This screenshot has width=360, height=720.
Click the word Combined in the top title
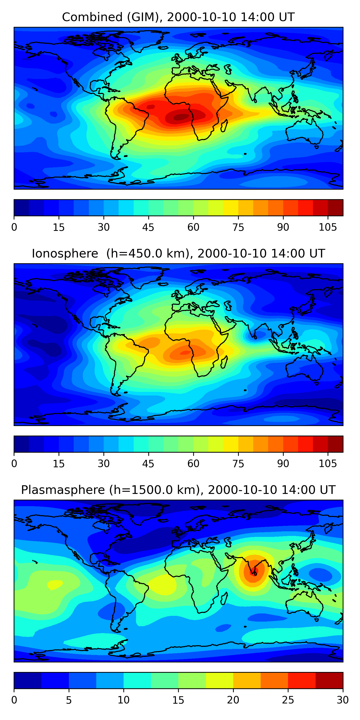click(92, 17)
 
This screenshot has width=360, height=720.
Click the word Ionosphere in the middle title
click(65, 253)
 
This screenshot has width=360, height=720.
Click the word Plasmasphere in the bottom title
click(63, 490)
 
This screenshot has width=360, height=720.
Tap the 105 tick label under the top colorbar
click(328, 228)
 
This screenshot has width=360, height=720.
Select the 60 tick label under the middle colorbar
click(193, 464)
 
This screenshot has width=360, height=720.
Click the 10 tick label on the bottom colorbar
click(123, 700)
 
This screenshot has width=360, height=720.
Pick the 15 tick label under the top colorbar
click(59, 228)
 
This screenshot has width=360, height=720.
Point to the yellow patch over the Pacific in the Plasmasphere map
click(55, 584)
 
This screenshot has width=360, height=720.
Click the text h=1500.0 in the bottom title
click(154, 490)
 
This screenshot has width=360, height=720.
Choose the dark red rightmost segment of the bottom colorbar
click(329, 680)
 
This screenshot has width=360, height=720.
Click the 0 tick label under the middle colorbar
click(14, 464)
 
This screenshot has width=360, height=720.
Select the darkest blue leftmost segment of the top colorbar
click(21, 208)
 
